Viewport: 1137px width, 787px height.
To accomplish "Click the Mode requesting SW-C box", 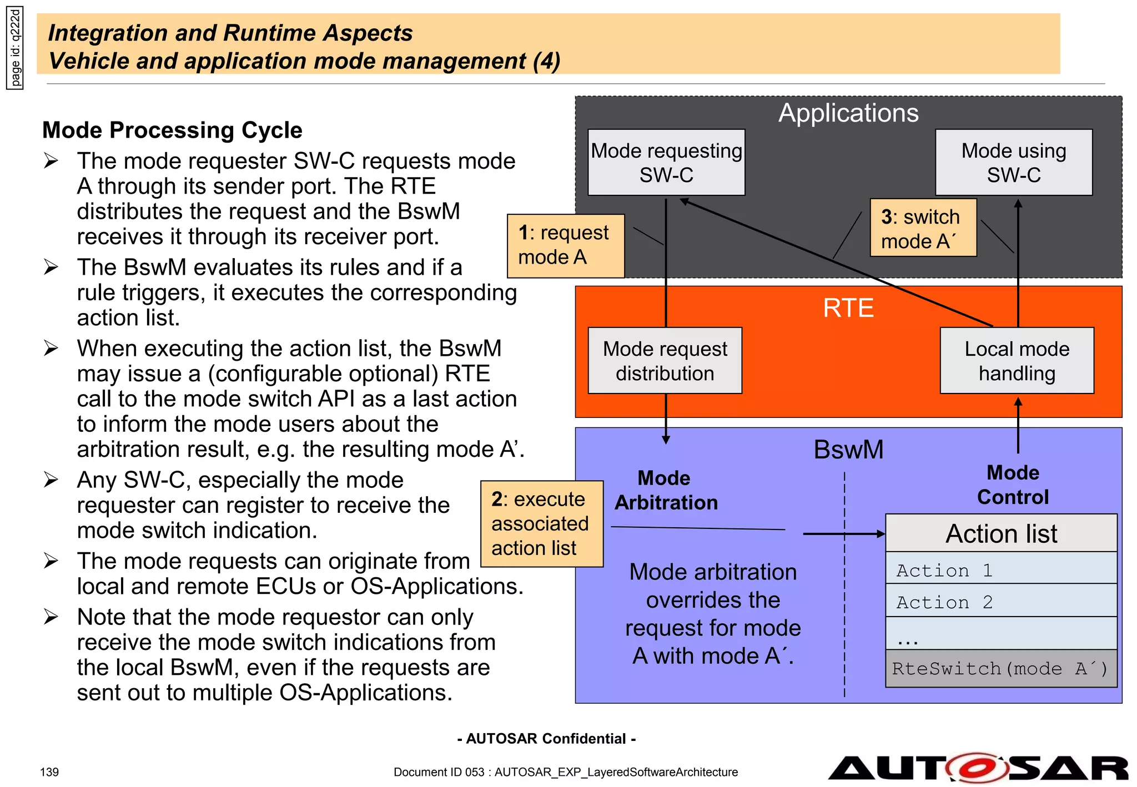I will tap(666, 163).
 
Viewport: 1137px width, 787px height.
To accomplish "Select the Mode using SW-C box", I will tap(1013, 163).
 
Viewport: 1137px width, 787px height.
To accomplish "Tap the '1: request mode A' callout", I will tap(565, 245).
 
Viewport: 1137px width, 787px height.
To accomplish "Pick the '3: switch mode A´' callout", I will tap(922, 228).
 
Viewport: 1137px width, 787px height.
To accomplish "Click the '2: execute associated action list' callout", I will tap(541, 523).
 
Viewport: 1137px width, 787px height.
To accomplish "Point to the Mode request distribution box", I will tap(665, 361).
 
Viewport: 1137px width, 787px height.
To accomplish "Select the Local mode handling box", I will tap(1017, 361).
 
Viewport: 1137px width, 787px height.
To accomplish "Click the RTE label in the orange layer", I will tap(848, 308).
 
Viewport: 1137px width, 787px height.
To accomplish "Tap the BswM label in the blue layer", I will tap(848, 450).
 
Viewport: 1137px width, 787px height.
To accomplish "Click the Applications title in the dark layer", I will tap(848, 113).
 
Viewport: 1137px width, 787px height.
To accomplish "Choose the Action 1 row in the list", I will tap(1000, 570).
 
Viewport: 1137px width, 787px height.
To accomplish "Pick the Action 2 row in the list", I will tap(1000, 602).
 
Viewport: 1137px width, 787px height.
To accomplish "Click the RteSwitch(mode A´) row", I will tap(1000, 669).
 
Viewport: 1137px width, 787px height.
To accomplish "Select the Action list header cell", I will tap(1000, 533).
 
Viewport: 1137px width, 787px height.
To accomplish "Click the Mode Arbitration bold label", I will tap(666, 490).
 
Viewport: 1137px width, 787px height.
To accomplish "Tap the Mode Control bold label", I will tap(1013, 485).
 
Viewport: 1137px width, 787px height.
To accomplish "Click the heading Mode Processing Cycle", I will tap(172, 130).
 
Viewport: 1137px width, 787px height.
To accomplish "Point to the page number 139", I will tap(49, 772).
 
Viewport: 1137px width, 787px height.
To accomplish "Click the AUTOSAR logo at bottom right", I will tap(978, 768).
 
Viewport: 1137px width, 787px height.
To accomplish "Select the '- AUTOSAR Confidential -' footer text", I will tap(546, 739).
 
